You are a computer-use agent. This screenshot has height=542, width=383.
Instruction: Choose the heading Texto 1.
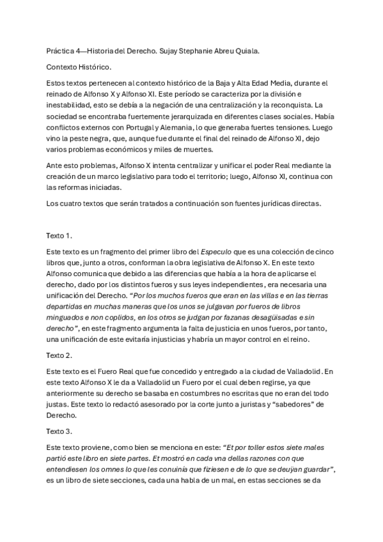tap(59, 236)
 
